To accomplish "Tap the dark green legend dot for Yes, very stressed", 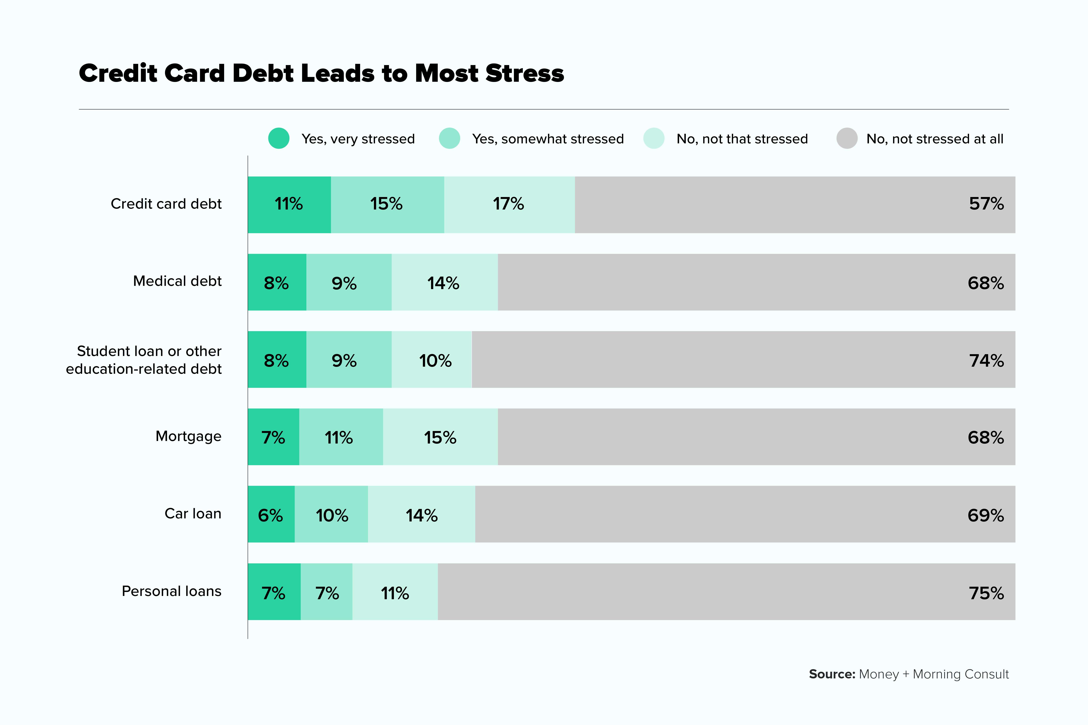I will pos(279,138).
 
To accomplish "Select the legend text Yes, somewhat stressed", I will pos(548,139).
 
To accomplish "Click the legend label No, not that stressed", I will pos(742,139).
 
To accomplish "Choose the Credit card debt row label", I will pos(166,204).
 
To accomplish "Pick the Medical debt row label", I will pos(177,281).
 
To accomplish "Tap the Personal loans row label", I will pos(171,591).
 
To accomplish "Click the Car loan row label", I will pos(193,514).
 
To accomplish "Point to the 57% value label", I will pos(986,204).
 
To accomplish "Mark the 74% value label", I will pos(986,360).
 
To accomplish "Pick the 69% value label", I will pos(985,515).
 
